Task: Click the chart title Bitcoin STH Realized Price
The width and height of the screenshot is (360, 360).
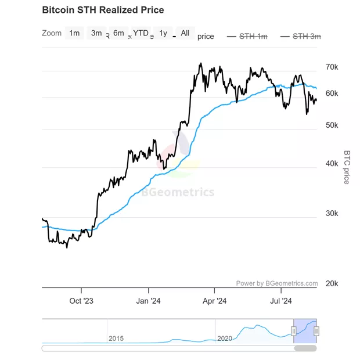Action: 103,10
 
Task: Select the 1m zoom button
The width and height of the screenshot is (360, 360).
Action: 74,33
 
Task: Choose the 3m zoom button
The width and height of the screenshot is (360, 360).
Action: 96,33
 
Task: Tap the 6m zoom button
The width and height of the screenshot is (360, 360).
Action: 118,33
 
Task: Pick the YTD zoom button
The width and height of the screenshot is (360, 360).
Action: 141,33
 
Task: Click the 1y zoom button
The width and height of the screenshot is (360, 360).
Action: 163,33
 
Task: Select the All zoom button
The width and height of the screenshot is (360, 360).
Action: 185,33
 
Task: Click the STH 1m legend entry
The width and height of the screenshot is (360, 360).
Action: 247,37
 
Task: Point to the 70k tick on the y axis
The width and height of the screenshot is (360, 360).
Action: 332,67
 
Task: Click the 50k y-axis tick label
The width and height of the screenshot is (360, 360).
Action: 332,125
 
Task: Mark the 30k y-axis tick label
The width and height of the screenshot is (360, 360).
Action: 332,213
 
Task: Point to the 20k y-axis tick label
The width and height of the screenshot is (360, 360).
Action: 332,283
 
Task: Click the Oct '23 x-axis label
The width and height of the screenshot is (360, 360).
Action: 81,301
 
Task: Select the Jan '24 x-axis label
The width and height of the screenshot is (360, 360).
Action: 148,301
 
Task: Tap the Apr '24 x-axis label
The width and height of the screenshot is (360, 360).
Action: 214,301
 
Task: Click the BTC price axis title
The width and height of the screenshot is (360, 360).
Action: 347,167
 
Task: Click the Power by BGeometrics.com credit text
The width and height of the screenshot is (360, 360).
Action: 277,283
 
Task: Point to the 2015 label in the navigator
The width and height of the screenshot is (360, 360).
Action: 116,338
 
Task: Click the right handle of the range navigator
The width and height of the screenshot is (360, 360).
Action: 316,331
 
